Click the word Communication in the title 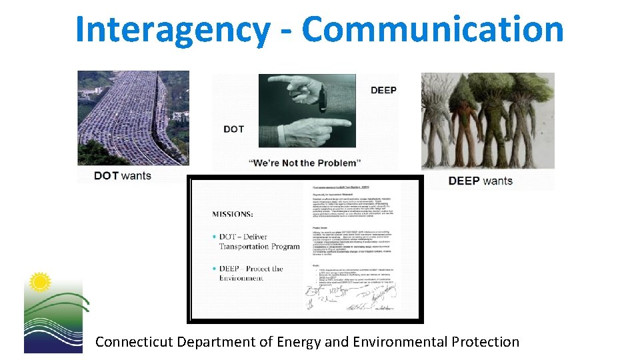[x=432, y=30]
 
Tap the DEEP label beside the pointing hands [x=383, y=90]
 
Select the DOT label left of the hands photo [x=233, y=129]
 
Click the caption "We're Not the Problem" [x=304, y=163]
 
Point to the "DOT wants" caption [x=123, y=176]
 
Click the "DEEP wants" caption [x=481, y=181]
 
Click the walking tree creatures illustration [x=487, y=120]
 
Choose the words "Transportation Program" [x=259, y=246]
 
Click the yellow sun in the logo [x=40, y=282]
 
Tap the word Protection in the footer [x=485, y=342]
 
